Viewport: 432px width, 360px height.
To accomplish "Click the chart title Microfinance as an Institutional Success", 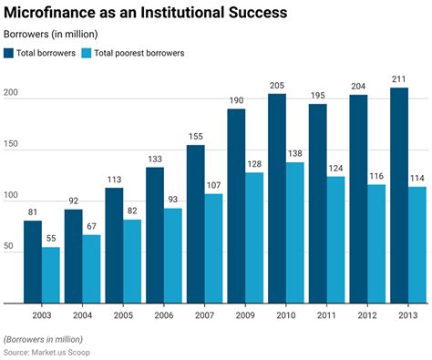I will (146, 13).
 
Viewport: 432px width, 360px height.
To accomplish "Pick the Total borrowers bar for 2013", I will (399, 195).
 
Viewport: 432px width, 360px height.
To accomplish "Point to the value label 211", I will (399, 79).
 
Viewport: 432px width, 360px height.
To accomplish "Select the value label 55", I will (52, 238).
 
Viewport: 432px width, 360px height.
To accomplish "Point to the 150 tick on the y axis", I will (12, 147).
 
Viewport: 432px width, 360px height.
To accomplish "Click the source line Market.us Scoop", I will (54, 351).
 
